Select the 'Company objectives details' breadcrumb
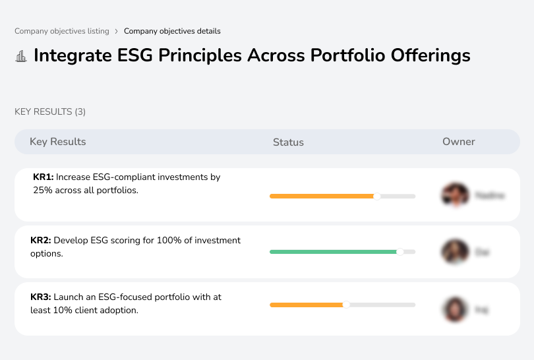point(172,31)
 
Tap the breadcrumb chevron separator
point(116,31)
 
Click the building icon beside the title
point(21,56)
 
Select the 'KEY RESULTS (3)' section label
point(50,112)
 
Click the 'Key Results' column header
point(57,142)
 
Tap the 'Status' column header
point(288,142)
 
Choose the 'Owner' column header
point(459,142)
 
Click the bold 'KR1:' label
point(43,177)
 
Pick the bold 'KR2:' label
point(41,241)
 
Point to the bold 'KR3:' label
point(41,297)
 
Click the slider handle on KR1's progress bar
point(377,196)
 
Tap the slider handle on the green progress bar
point(400,252)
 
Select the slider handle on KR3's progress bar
point(346,305)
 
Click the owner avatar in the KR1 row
point(454,195)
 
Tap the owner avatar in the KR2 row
point(454,252)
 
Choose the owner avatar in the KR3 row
point(454,309)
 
